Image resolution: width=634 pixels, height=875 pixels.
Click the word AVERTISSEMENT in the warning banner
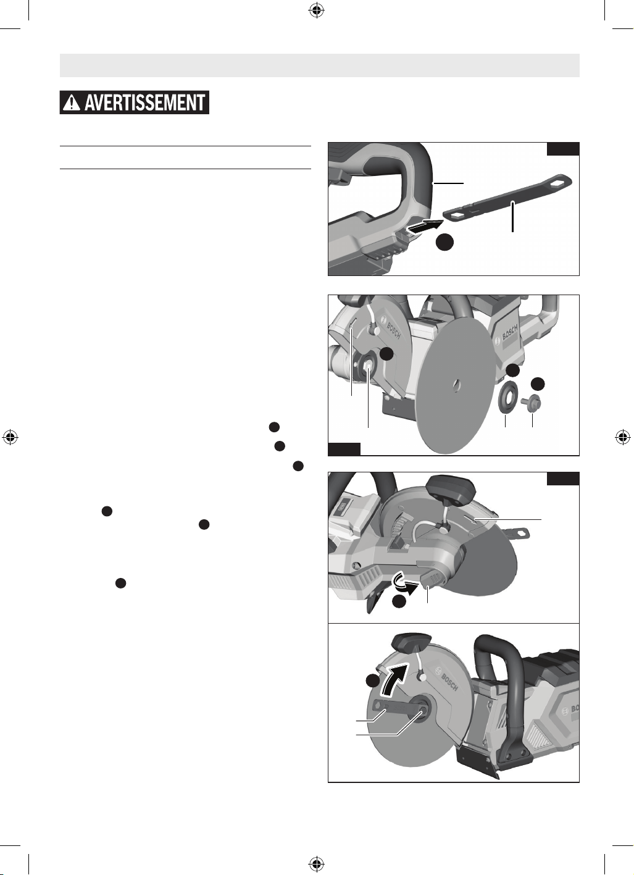pyautogui.click(x=144, y=103)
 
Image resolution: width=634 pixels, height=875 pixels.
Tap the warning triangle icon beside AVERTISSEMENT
pyautogui.click(x=72, y=103)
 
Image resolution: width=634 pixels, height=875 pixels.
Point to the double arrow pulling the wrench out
pyautogui.click(x=424, y=227)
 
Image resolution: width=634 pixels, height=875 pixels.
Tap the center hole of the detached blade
pyautogui.click(x=455, y=385)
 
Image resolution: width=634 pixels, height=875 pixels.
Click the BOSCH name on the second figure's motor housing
pyautogui.click(x=510, y=331)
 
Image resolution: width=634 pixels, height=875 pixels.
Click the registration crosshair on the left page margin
pyautogui.click(x=10, y=437)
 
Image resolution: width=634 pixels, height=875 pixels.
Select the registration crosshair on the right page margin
pyautogui.click(x=623, y=437)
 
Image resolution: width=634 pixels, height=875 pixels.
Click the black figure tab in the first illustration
pyautogui.click(x=562, y=149)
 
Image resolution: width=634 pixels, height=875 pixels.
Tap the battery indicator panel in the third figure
pyautogui.click(x=343, y=506)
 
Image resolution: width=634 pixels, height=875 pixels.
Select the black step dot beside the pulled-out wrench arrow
pyautogui.click(x=445, y=242)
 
